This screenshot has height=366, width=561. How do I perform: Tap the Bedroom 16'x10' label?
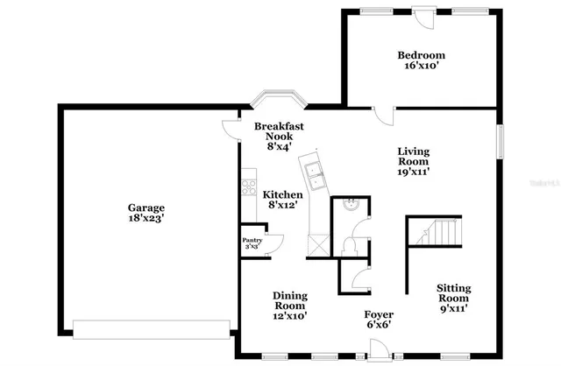423,60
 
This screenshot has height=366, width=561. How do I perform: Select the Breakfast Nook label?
279,137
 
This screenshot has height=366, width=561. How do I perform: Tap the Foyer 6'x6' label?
379,320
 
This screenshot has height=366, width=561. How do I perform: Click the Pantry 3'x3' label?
251,243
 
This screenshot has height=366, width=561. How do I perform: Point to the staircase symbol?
435,232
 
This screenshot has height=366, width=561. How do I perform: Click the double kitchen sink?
313,171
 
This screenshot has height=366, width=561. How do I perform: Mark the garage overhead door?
151,328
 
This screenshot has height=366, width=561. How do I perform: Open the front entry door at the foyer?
379,352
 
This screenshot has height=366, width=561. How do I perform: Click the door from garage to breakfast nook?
231,129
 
